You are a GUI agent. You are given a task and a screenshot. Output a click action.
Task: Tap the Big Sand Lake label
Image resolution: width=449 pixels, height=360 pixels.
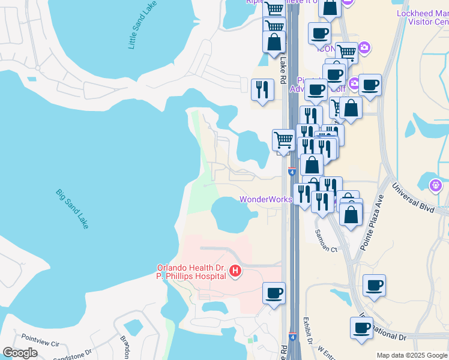tap(73, 209)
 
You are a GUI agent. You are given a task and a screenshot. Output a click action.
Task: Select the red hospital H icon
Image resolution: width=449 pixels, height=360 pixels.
tap(235, 272)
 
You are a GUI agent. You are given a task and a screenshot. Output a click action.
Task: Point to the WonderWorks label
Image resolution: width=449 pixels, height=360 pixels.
tap(265, 199)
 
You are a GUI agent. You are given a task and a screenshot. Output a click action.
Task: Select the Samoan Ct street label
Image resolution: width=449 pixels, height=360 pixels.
tap(326, 241)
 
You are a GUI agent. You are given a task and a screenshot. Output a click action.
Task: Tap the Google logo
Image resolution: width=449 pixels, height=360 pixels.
tap(20, 353)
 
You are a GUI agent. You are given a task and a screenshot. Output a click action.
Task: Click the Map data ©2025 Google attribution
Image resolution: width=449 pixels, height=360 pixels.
tap(412, 355)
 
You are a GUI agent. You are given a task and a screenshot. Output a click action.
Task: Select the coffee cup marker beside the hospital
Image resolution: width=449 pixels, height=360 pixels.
tap(274, 293)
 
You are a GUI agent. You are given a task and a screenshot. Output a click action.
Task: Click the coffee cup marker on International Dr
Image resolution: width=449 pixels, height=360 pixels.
tap(361, 328)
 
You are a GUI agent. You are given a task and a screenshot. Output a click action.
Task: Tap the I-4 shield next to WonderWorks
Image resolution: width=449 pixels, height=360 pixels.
tap(292, 172)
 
